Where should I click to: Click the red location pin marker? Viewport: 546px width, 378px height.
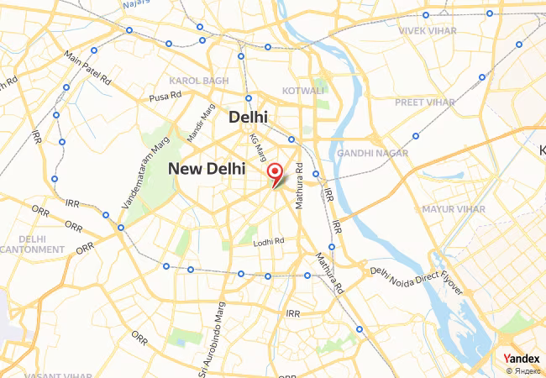pyautogui.click(x=274, y=173)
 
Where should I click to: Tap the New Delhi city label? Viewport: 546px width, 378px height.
pyautogui.click(x=207, y=169)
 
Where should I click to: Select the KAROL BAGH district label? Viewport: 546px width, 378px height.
pyautogui.click(x=198, y=81)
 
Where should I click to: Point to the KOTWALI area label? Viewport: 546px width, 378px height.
pyautogui.click(x=303, y=90)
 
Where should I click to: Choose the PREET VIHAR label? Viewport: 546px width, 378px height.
pyautogui.click(x=424, y=102)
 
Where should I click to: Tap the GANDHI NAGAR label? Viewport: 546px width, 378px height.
pyautogui.click(x=372, y=154)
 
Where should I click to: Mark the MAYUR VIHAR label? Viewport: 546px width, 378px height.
pyautogui.click(x=454, y=208)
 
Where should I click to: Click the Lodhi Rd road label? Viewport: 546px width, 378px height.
pyautogui.click(x=269, y=242)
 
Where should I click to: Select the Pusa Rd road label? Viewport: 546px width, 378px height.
pyautogui.click(x=165, y=97)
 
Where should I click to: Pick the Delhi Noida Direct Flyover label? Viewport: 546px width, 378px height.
pyautogui.click(x=417, y=281)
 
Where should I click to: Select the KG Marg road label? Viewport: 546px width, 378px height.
pyautogui.click(x=259, y=150)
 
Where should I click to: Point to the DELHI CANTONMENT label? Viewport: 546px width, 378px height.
pyautogui.click(x=32, y=244)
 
